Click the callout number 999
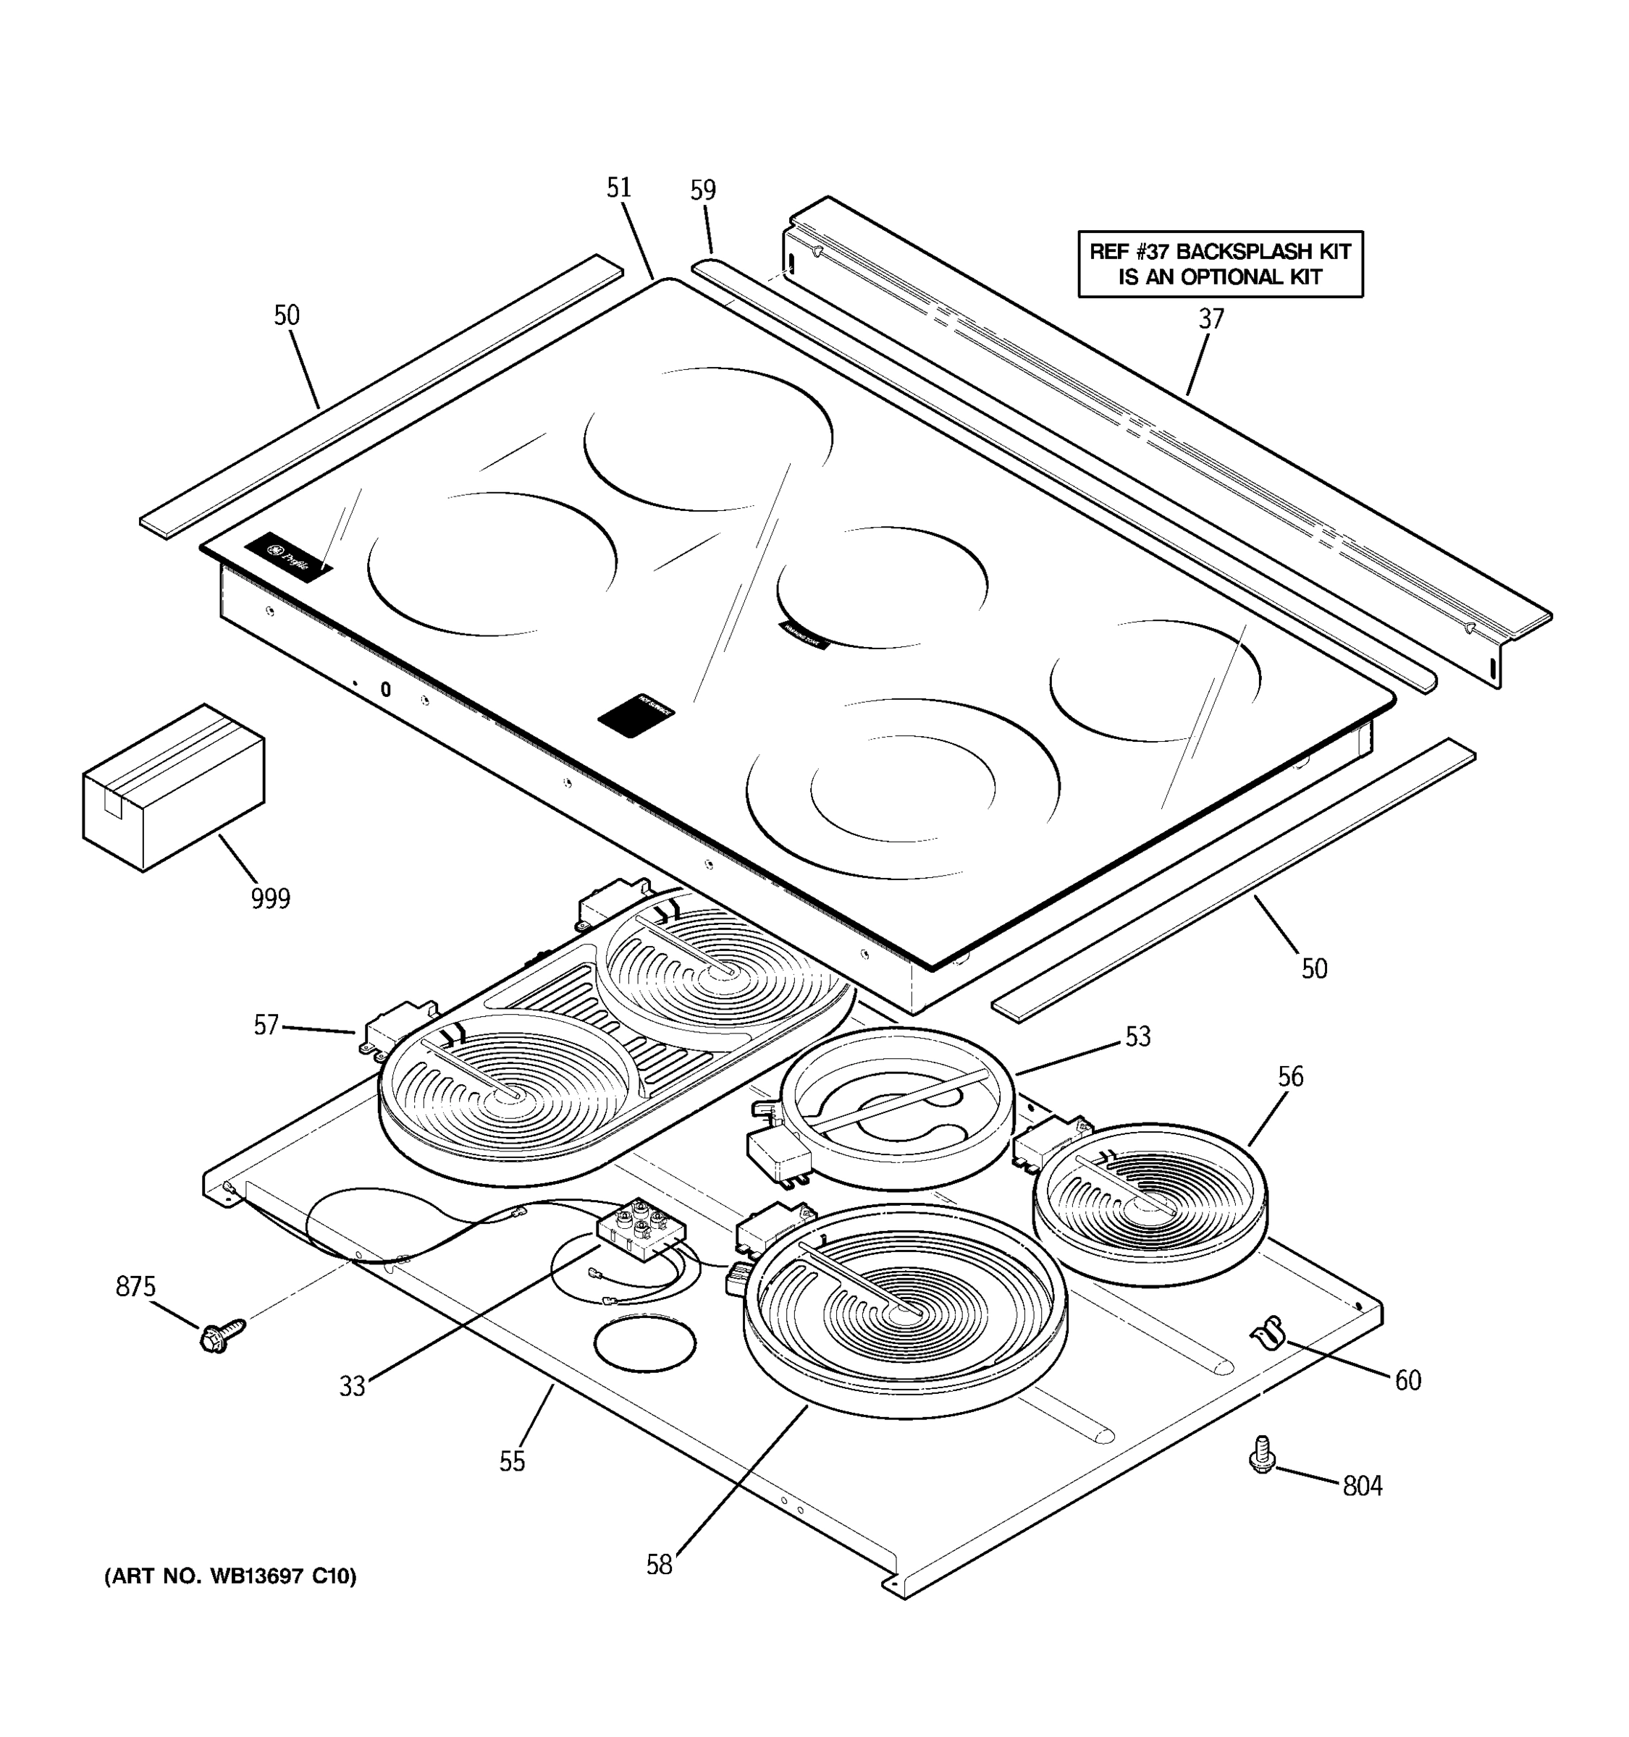tap(270, 898)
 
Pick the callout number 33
tap(352, 1387)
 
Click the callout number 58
tap(659, 1565)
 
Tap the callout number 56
tap(1290, 1076)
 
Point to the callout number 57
tap(266, 1025)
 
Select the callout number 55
tap(512, 1462)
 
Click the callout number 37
tap(1211, 319)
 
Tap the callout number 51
tap(619, 188)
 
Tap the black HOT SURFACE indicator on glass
tap(636, 716)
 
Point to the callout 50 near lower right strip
tap(1313, 968)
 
